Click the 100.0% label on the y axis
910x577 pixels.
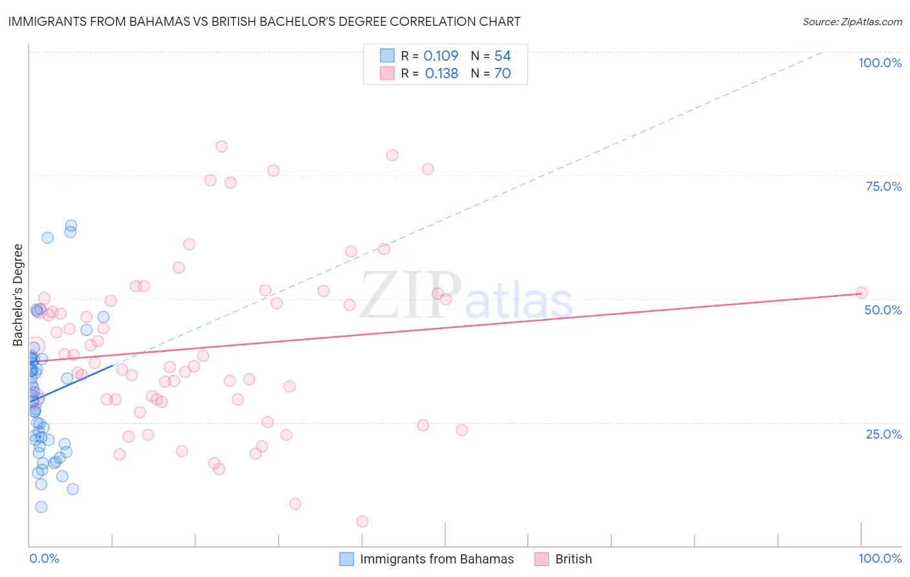(880, 63)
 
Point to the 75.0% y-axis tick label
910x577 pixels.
(883, 186)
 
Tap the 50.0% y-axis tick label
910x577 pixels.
(883, 310)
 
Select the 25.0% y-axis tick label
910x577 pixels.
(883, 434)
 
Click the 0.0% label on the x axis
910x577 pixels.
(44, 558)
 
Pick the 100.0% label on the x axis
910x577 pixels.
(880, 558)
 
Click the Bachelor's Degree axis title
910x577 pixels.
(18, 295)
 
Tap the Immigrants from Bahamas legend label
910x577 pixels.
(437, 559)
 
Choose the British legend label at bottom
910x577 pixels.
(573, 559)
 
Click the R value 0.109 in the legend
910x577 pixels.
(441, 56)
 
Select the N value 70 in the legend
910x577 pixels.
(502, 74)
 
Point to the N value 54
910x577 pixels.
(502, 56)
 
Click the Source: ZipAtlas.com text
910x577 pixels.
(852, 22)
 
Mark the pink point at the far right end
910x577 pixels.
(861, 292)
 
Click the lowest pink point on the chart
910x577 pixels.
(362, 521)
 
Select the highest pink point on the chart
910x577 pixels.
(221, 146)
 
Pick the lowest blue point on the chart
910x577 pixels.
(41, 506)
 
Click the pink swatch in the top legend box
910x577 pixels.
(387, 74)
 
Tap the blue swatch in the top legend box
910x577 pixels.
(387, 56)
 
